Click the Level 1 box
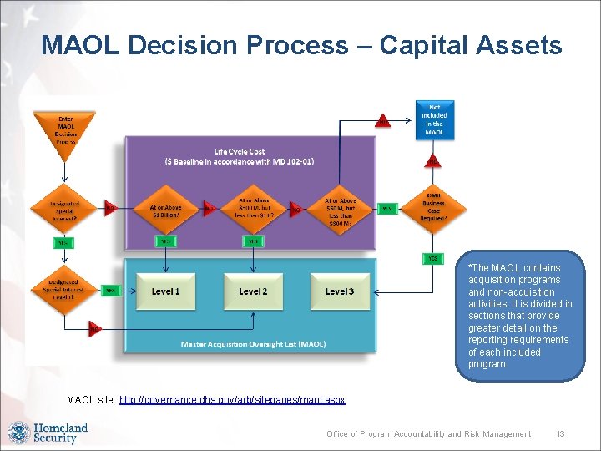165,291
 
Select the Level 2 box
252,291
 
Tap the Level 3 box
340,291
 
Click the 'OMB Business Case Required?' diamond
434,208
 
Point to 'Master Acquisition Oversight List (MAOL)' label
253,344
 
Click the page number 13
561,434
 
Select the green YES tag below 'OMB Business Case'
432,259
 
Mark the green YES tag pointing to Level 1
110,291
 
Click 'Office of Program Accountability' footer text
428,434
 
